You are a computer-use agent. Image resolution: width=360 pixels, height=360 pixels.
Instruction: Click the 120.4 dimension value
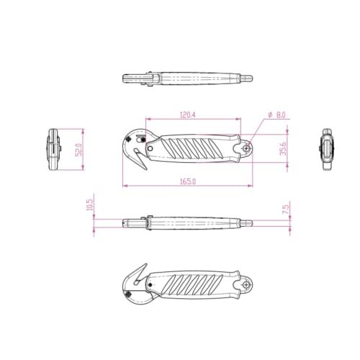(188, 115)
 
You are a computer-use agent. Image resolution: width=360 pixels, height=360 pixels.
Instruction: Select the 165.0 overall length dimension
(188, 181)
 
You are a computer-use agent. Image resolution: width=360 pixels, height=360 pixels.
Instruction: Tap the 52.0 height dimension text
(79, 150)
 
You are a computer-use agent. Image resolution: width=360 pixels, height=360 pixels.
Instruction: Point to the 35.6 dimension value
(283, 148)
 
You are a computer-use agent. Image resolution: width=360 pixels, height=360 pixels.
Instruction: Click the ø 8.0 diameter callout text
(276, 115)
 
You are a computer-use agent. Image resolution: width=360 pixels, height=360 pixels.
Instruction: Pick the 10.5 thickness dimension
(89, 204)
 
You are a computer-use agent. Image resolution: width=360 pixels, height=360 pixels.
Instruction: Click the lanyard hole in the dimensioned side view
(246, 149)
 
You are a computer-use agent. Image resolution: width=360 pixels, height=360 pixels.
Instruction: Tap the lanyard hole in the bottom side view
(246, 285)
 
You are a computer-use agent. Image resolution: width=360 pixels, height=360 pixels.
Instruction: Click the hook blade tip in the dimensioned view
(146, 169)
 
